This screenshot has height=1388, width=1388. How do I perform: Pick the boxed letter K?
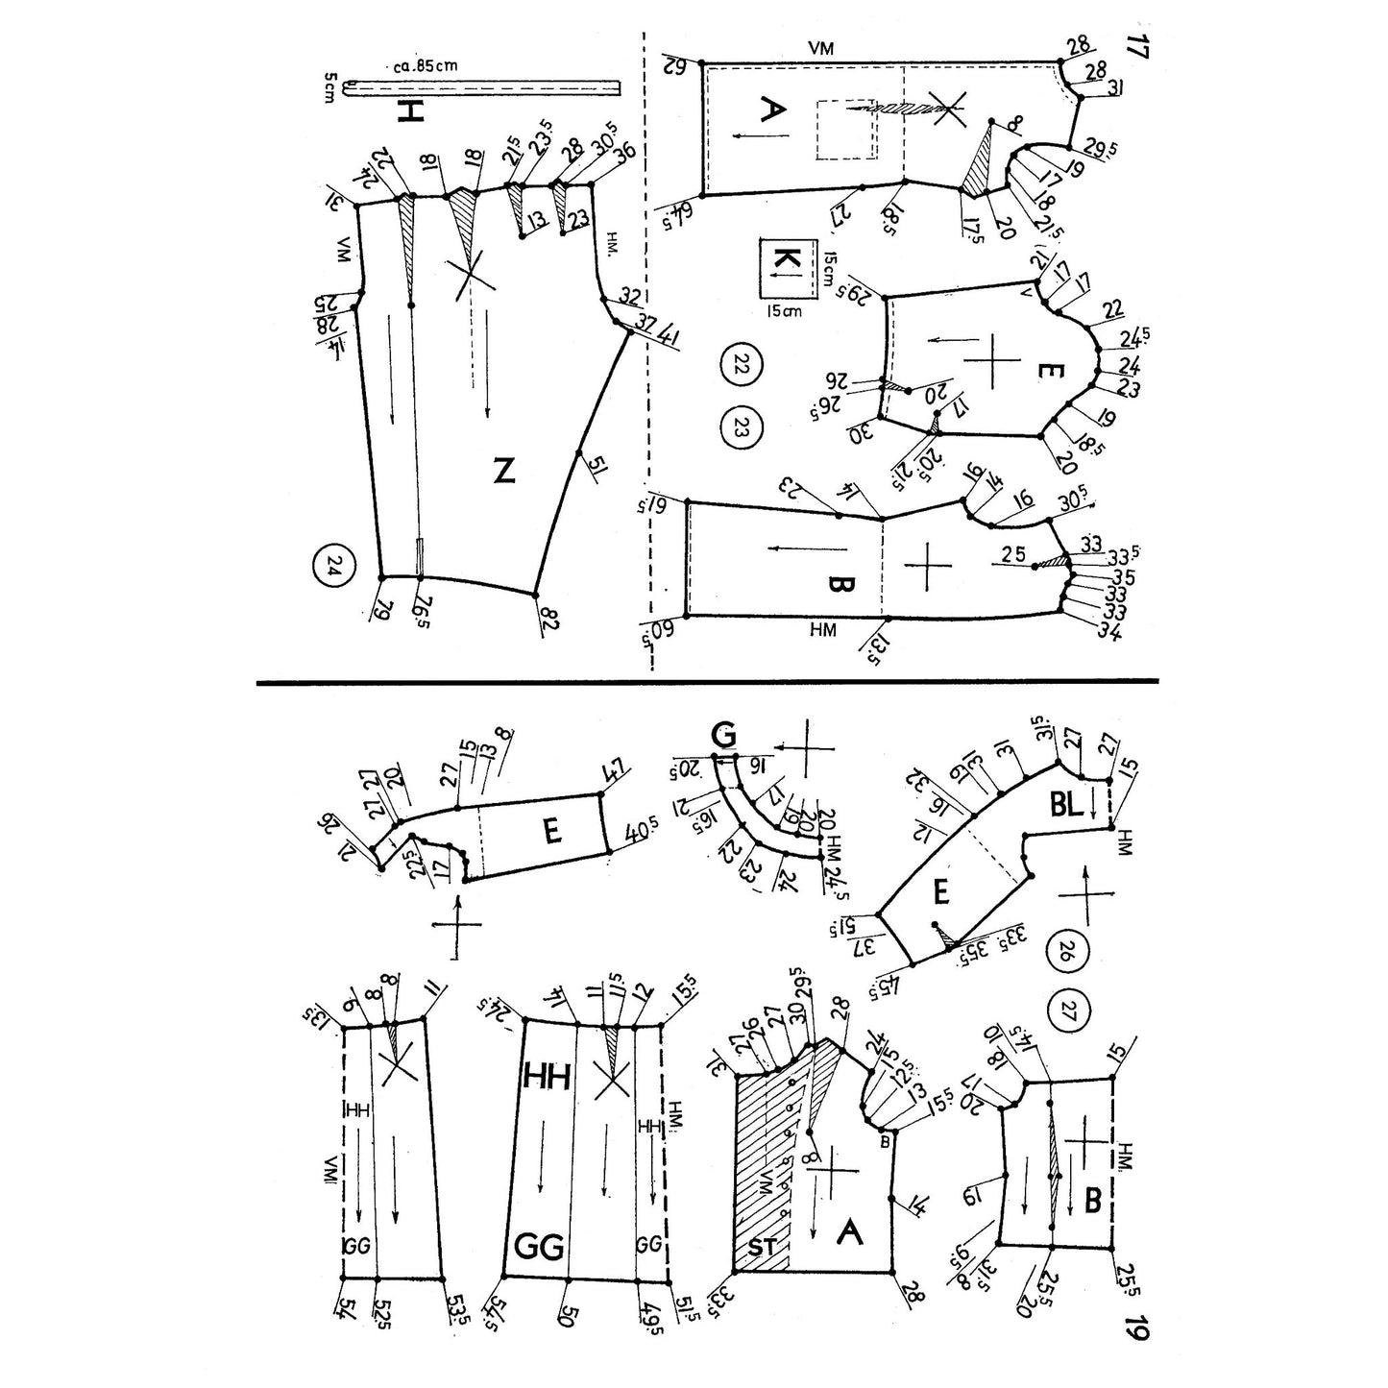(784, 260)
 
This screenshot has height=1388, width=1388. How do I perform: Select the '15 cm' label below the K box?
(783, 310)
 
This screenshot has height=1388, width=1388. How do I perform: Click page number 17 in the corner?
(1138, 48)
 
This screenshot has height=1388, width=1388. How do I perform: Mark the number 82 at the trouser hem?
(549, 621)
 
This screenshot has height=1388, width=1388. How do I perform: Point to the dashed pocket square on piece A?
(845, 130)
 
